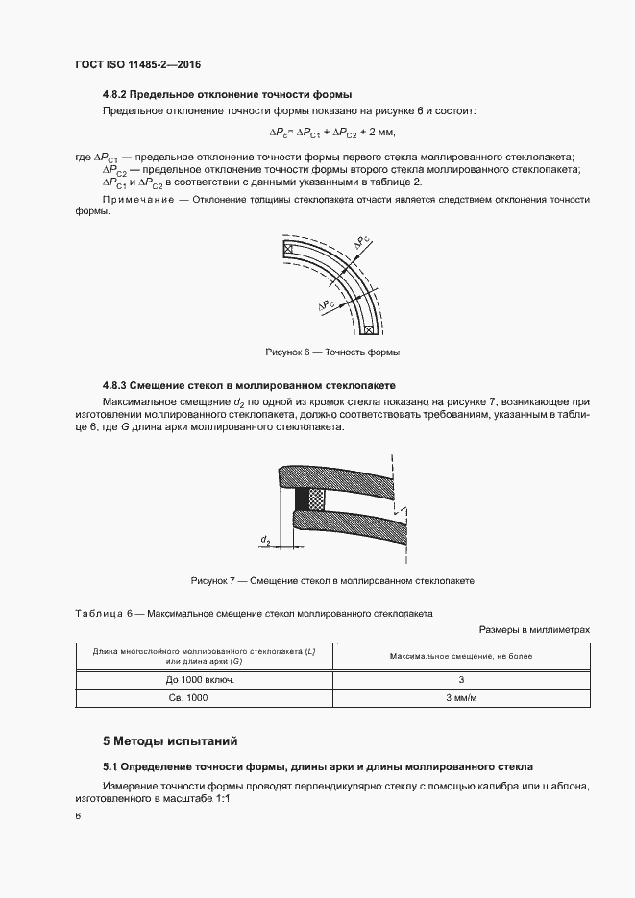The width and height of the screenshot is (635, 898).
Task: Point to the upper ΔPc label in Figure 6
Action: [x=361, y=244]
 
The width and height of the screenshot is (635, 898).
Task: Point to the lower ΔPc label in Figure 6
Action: [x=328, y=304]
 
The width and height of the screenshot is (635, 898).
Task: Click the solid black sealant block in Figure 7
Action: [x=303, y=500]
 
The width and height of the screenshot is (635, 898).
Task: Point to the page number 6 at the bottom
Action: [x=78, y=815]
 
